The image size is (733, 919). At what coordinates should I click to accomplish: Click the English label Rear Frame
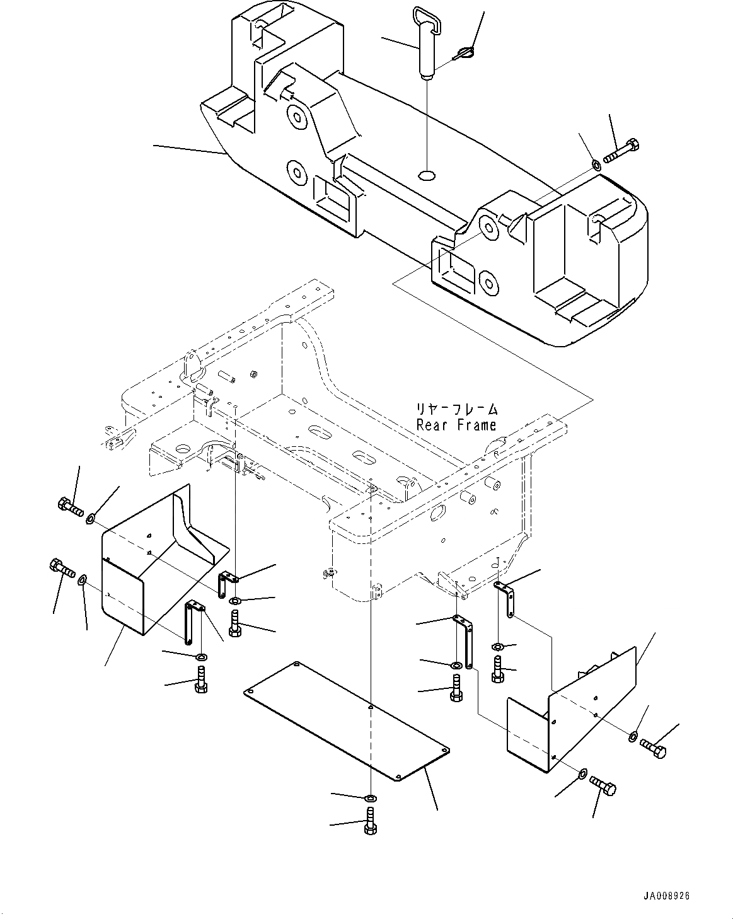click(x=456, y=425)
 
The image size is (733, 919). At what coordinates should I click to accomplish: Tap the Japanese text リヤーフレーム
click(x=457, y=409)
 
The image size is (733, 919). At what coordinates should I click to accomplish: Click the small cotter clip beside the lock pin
click(x=463, y=54)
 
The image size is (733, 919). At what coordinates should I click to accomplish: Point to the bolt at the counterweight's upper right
click(x=622, y=151)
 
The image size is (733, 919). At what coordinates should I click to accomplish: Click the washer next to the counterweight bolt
click(x=596, y=165)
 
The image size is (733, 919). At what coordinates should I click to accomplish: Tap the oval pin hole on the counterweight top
click(x=427, y=174)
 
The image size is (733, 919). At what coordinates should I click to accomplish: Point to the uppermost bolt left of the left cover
click(x=71, y=507)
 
